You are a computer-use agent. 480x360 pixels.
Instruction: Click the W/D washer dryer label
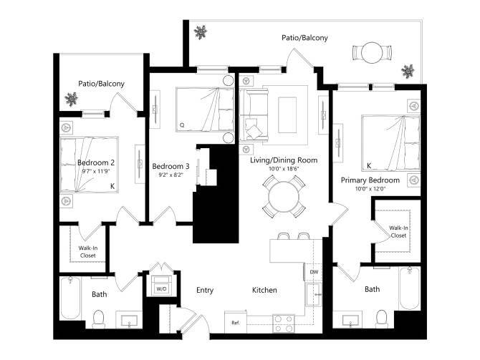click(160, 289)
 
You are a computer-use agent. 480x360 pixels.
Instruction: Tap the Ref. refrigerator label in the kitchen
click(235, 323)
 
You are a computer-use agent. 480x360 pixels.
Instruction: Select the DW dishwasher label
click(314, 272)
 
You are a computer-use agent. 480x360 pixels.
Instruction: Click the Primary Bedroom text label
click(370, 180)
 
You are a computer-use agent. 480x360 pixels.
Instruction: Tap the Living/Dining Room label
click(283, 160)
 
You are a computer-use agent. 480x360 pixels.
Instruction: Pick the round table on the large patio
click(372, 53)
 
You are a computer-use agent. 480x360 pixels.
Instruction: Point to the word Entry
click(206, 290)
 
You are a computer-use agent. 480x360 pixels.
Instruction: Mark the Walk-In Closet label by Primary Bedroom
click(398, 231)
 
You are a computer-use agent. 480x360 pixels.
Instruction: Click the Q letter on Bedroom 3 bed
click(182, 125)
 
